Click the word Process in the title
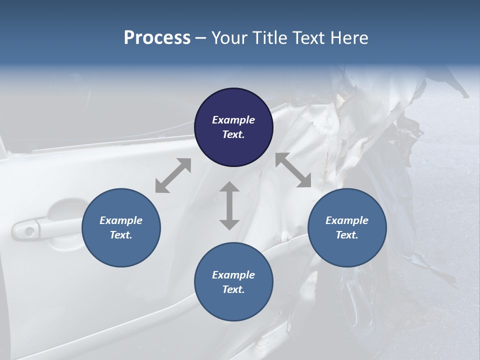click(157, 38)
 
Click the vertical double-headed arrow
click(229, 205)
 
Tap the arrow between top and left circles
click(173, 175)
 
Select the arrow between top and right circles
click(293, 170)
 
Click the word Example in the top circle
click(233, 120)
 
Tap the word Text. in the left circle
click(121, 235)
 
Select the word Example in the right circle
click(347, 220)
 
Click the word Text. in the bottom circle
click(233, 289)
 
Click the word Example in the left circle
click(121, 220)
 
